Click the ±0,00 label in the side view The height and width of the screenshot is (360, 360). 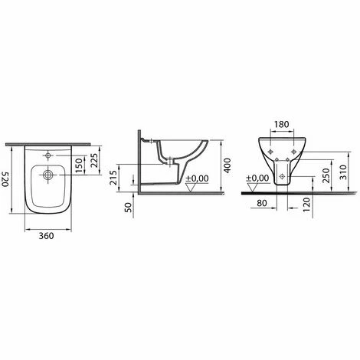pyautogui.click(x=198, y=178)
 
